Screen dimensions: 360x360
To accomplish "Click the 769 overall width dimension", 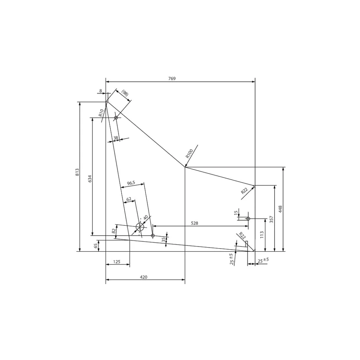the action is pyautogui.click(x=172, y=78).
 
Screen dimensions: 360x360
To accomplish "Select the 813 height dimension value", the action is pyautogui.click(x=77, y=172).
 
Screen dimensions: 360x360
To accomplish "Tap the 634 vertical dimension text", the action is pyautogui.click(x=90, y=179).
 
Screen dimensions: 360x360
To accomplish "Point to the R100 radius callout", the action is pyautogui.click(x=189, y=154).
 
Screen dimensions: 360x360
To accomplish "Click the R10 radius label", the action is pyautogui.click(x=101, y=113).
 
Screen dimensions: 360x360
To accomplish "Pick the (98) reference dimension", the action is pyautogui.click(x=125, y=93).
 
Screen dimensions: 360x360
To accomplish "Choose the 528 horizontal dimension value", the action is pyautogui.click(x=194, y=223).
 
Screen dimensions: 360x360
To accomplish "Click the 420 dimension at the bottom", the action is pyautogui.click(x=143, y=277).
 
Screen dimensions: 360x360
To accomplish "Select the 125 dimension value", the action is pyautogui.click(x=117, y=262).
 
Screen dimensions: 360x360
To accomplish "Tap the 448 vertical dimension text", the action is pyautogui.click(x=280, y=209).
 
